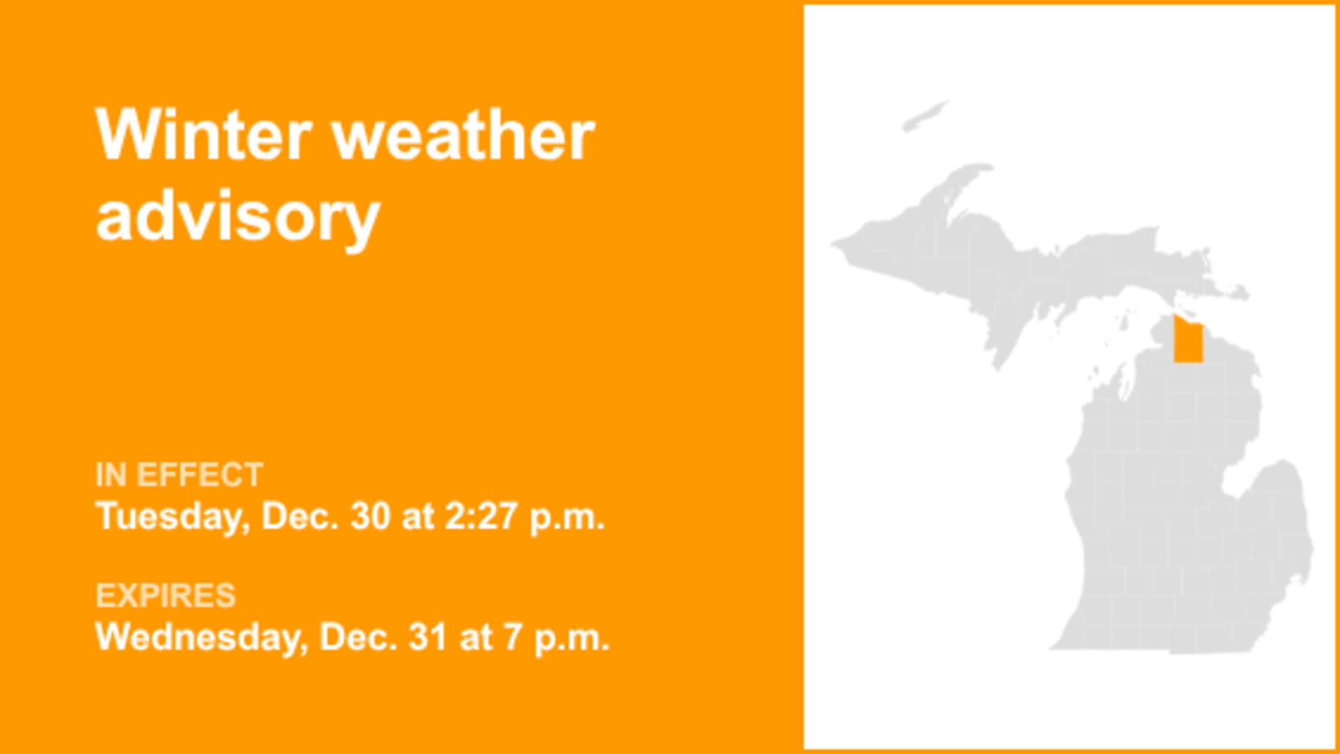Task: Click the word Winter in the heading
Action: click(x=204, y=134)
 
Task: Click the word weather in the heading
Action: click(x=463, y=134)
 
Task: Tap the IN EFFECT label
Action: click(x=179, y=474)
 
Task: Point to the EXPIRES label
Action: click(x=165, y=595)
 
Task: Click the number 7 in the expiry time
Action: click(x=512, y=637)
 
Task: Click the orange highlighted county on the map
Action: click(x=1188, y=339)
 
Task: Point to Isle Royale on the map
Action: click(x=926, y=116)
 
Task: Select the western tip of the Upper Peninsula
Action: click(x=833, y=244)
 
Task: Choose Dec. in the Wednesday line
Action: click(x=359, y=637)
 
